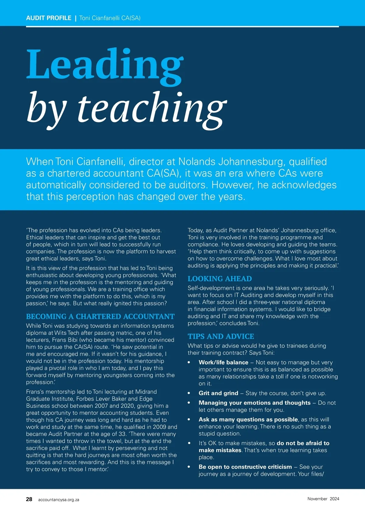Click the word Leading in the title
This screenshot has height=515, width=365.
[x=105, y=64]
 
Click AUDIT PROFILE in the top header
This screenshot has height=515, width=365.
[x=49, y=18]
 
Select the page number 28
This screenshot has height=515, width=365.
[x=29, y=499]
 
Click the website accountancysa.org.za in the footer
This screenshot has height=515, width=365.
[x=59, y=500]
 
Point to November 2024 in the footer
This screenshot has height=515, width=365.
[x=323, y=499]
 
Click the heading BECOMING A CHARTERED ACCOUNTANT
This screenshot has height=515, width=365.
[x=100, y=316]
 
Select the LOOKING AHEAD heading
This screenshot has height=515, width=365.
[x=220, y=278]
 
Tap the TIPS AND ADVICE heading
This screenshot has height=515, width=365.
[x=221, y=336]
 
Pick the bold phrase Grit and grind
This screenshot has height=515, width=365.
[x=218, y=393]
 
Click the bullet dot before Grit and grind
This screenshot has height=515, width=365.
[x=189, y=393]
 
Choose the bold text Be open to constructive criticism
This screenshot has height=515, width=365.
[x=245, y=467]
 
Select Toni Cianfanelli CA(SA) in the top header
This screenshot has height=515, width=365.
[x=110, y=18]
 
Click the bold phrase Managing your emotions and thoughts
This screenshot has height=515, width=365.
[x=255, y=403]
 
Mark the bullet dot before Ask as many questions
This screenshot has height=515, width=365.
[x=189, y=419]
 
